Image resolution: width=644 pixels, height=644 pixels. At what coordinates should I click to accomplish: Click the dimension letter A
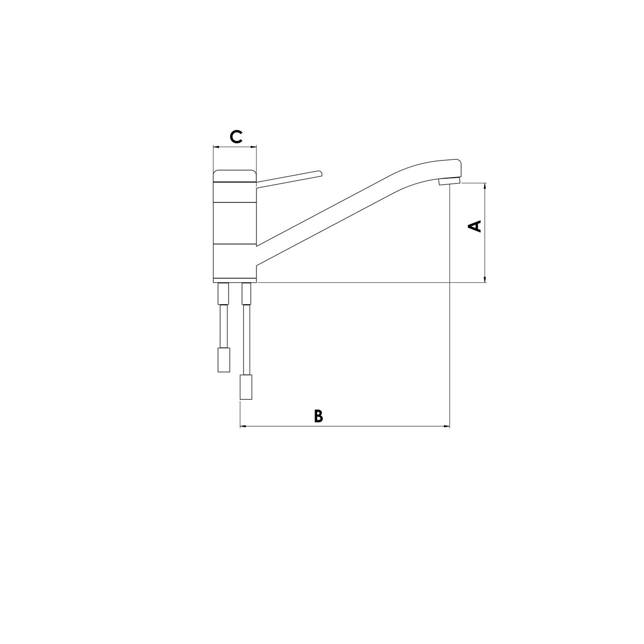475,226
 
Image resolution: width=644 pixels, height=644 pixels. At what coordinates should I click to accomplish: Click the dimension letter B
318,416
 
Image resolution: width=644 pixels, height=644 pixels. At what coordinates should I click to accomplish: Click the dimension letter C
236,137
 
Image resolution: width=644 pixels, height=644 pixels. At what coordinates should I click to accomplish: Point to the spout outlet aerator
449,182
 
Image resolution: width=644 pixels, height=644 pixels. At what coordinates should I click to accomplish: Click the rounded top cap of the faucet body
235,176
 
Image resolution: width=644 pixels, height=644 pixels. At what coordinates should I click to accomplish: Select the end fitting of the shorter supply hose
223,360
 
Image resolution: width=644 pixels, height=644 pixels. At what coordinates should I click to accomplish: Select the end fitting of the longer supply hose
246,387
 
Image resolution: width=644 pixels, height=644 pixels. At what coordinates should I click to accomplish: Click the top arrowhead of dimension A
485,186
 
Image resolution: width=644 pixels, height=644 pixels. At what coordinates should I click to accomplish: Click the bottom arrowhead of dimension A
485,279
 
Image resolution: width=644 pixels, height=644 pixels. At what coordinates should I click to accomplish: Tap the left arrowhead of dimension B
242,427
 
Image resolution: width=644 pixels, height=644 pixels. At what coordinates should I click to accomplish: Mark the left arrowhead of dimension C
216,146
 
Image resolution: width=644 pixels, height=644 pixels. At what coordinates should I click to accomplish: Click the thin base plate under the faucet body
235,281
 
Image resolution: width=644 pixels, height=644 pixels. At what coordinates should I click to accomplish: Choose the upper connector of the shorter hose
223,294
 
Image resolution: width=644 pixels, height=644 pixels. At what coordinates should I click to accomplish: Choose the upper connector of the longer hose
246,294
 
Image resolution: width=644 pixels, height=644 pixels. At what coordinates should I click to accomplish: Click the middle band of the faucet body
235,223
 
